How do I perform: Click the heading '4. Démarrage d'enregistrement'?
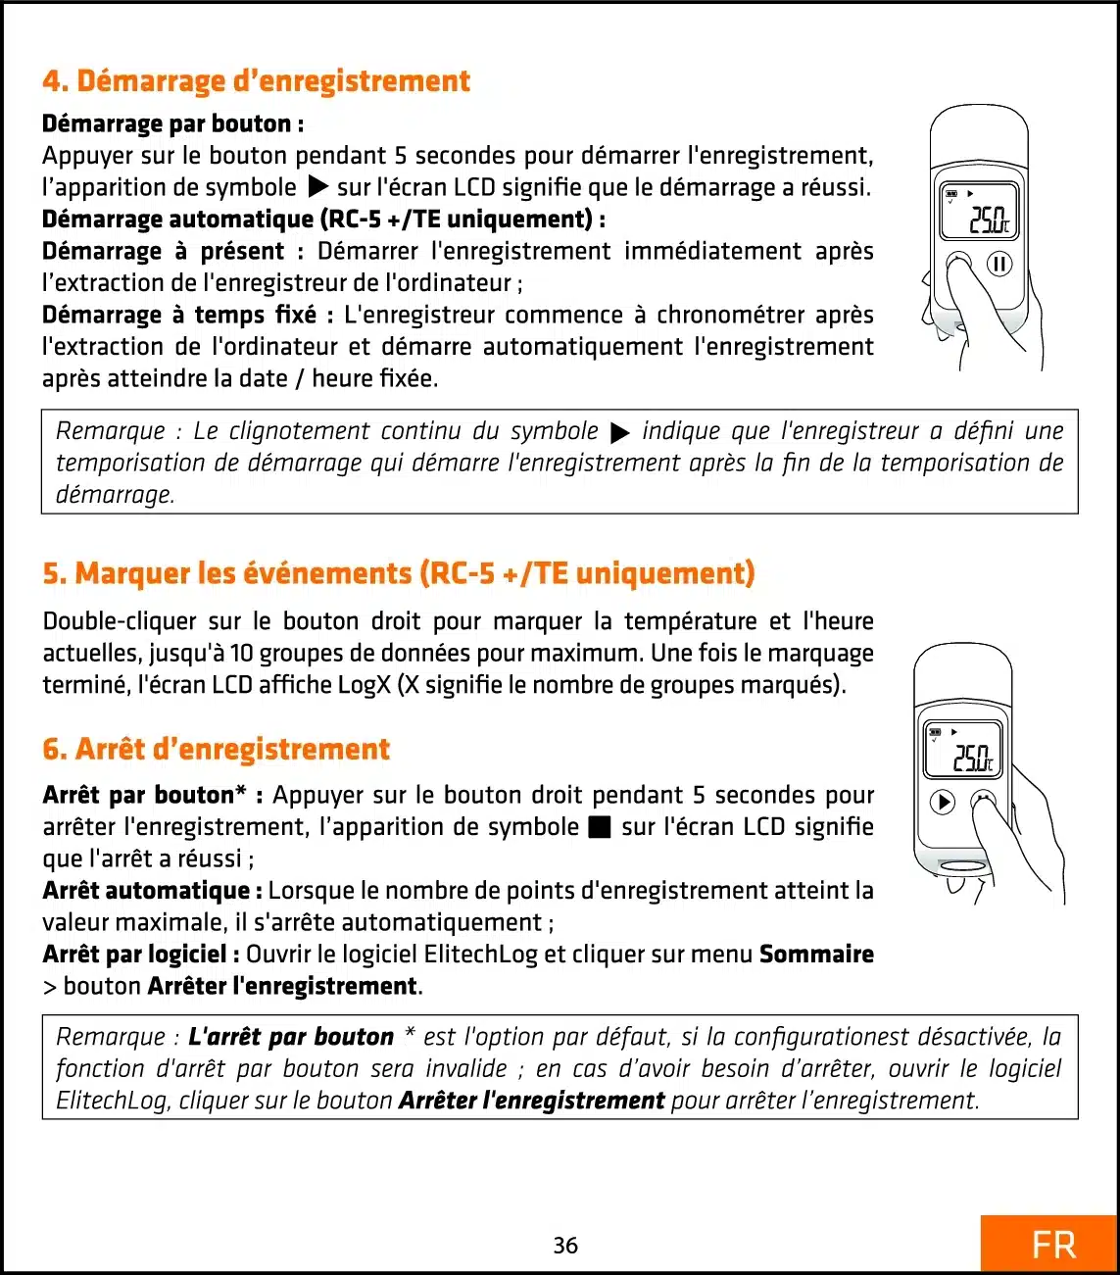click(256, 80)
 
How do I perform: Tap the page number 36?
click(565, 1245)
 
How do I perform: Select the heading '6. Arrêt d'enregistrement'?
click(216, 750)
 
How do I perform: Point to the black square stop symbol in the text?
click(600, 828)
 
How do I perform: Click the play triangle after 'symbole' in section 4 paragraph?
click(317, 186)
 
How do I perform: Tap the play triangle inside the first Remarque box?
click(619, 432)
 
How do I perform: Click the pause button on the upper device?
click(998, 264)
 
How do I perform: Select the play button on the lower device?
click(942, 802)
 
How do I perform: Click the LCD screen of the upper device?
click(979, 213)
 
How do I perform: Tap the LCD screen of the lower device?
click(963, 750)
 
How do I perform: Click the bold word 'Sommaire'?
click(816, 954)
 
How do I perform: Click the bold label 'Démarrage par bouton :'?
click(172, 123)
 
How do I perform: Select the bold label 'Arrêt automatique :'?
click(152, 890)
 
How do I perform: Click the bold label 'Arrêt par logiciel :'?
click(141, 954)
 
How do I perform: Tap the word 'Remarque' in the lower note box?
click(111, 1037)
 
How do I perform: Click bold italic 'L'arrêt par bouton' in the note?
click(291, 1037)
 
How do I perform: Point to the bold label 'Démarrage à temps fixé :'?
click(188, 315)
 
